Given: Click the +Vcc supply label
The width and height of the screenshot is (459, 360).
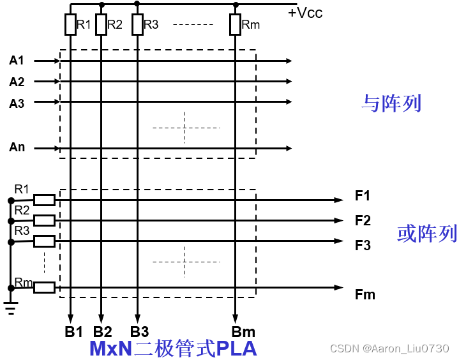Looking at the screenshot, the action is point(305,12).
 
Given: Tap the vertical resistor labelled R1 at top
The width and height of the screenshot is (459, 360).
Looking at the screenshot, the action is point(70,25).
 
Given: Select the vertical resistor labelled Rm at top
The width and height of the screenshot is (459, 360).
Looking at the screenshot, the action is point(235,25).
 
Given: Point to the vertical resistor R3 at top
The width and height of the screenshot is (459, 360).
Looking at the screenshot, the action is point(137,25).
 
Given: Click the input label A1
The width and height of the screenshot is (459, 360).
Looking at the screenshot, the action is point(17,61).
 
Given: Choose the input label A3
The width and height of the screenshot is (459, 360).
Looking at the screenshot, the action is point(17,103).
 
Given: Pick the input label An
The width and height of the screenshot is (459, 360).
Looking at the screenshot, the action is point(17,147).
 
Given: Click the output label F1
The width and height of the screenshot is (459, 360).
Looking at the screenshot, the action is point(363,196).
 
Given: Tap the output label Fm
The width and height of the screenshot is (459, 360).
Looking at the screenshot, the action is point(365,294).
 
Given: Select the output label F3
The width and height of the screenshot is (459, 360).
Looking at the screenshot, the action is point(363,245).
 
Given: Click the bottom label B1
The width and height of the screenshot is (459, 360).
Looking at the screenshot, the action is point(73,332).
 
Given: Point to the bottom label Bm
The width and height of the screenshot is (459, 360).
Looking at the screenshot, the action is point(243,332).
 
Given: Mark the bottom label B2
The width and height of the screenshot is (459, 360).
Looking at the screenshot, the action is point(102,332).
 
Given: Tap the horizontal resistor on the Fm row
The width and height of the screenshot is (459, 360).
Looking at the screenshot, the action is point(44,287).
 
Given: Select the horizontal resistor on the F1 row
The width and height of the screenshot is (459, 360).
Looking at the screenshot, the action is point(44,200).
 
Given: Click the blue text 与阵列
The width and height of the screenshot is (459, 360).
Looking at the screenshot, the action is point(391,103).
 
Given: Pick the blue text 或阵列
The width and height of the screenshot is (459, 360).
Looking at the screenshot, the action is point(427,234).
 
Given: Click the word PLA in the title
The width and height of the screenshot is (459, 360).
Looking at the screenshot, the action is point(237,349).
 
